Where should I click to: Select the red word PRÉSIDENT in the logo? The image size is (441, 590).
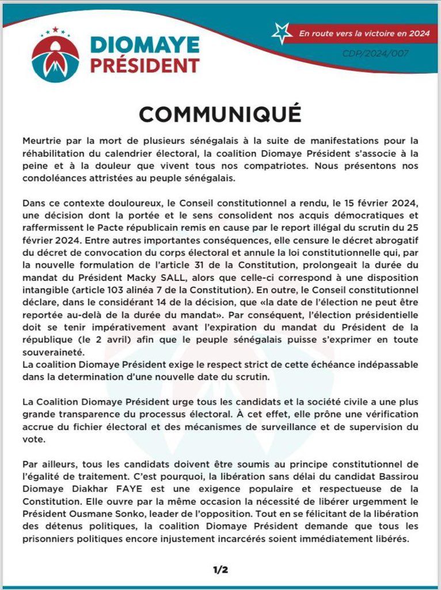click(x=145, y=65)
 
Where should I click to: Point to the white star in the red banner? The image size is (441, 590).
click(x=282, y=33)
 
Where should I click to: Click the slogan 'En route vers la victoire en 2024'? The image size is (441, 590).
click(x=364, y=33)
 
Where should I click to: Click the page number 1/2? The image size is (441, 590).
click(x=221, y=570)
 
